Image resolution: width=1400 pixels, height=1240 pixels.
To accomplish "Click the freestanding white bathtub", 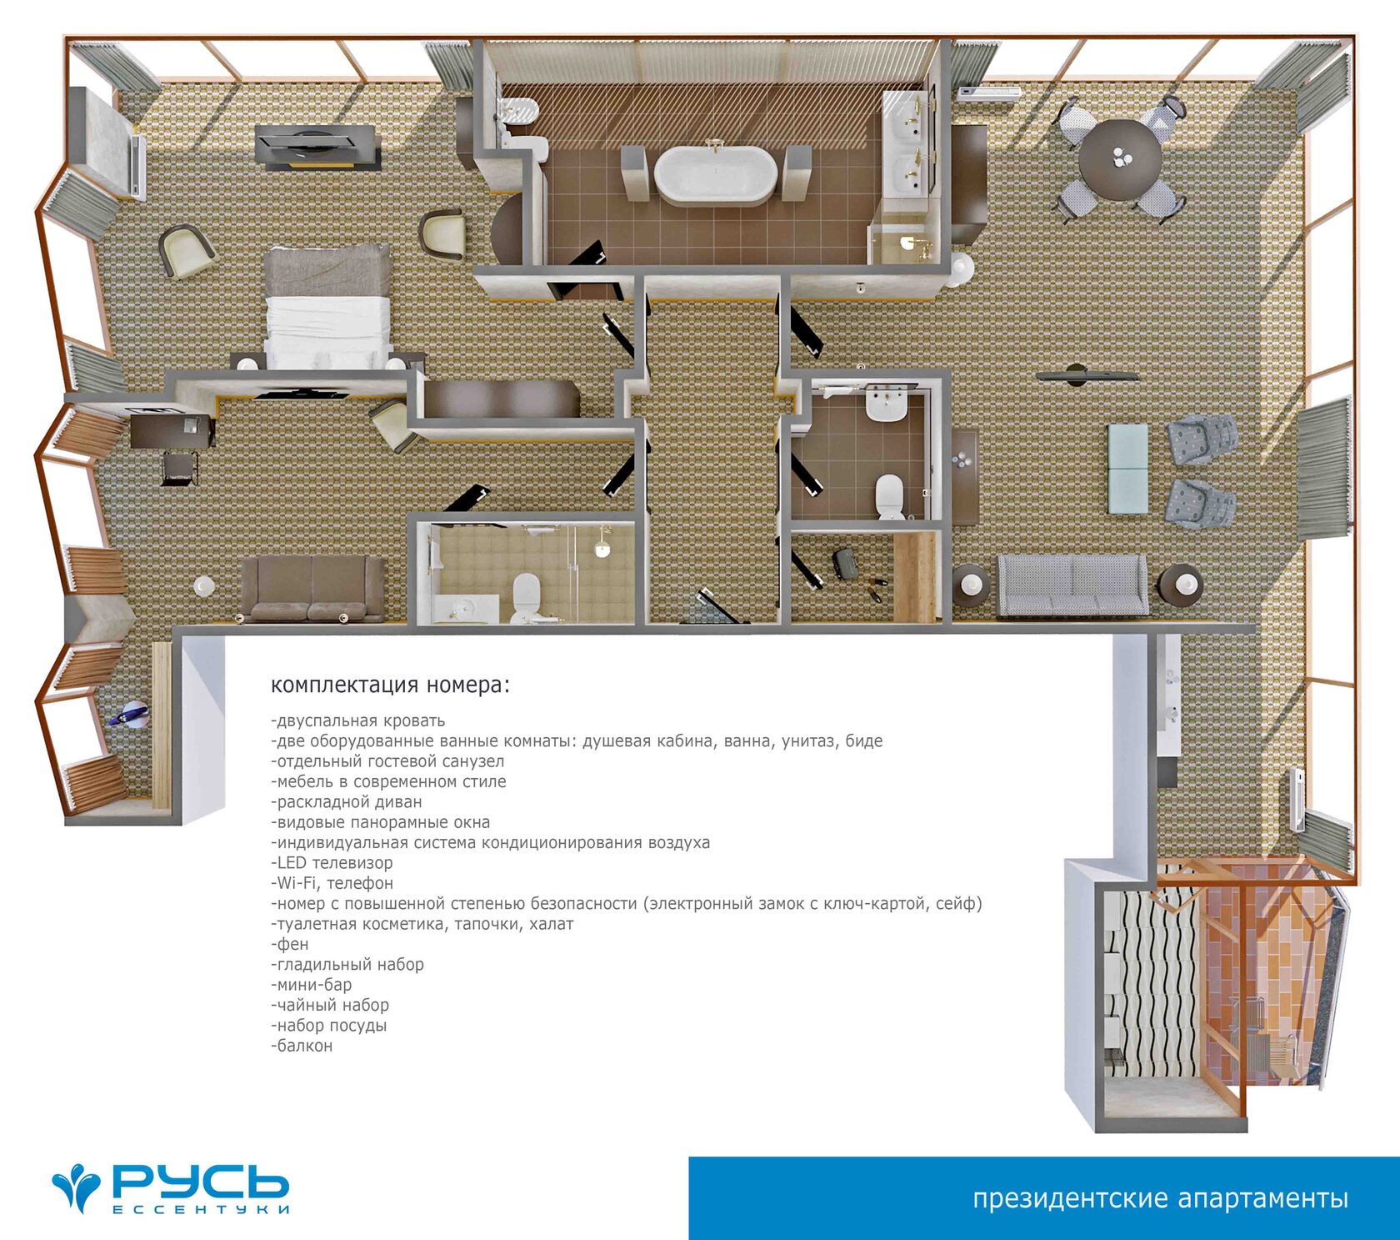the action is tap(715, 175).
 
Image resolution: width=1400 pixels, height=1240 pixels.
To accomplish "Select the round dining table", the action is tap(1120, 160).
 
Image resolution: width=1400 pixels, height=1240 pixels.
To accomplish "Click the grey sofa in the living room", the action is tap(1072, 585).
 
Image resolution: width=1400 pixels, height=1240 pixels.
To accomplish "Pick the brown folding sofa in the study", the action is tap(312, 589).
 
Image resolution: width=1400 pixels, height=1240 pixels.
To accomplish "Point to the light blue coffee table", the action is tap(1127, 469).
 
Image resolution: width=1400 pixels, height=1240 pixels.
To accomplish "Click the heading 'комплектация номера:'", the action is tap(390, 685).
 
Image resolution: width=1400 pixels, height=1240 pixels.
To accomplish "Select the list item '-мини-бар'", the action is tap(312, 985).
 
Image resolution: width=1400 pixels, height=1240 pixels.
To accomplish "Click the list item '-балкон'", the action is tap(302, 1046).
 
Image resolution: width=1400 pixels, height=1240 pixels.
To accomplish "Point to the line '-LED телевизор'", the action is tap(332, 863).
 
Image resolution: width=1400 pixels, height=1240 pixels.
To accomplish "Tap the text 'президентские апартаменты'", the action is tap(1160, 1198).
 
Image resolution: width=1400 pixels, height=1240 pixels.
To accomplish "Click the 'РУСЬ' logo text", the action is tap(200, 1181).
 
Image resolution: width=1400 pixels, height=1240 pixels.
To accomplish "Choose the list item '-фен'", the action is tap(290, 945).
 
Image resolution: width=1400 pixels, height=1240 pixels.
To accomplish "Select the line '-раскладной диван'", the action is tap(347, 802).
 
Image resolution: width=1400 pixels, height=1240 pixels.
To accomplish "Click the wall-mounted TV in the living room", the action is tap(1087, 375).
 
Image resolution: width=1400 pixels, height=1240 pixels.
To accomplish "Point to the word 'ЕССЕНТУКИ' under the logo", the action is tap(201, 1209).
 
